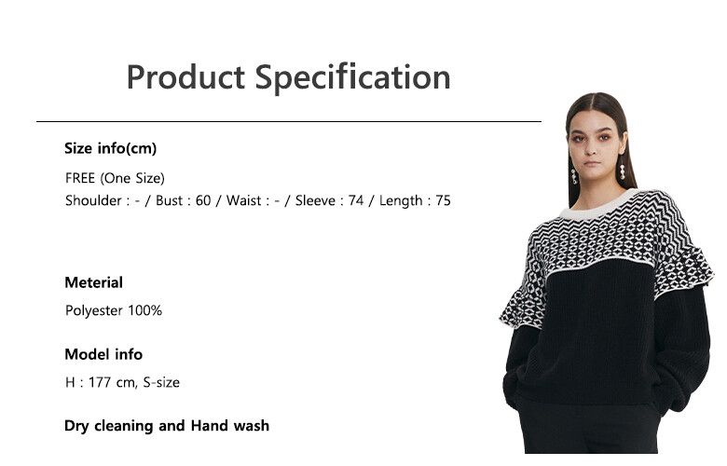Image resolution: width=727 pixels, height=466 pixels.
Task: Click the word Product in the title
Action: point(185,77)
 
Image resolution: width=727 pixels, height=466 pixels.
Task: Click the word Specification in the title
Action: point(353,78)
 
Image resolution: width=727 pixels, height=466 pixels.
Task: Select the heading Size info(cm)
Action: point(111,148)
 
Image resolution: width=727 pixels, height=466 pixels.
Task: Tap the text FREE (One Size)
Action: point(115,178)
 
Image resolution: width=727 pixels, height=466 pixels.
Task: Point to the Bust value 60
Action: point(203,200)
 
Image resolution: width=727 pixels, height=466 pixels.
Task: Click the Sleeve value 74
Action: point(356,200)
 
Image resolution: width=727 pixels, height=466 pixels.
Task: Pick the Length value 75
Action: point(443,200)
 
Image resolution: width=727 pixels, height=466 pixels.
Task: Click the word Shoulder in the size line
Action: point(93,200)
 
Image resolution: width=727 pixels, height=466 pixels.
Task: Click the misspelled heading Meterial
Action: point(93,282)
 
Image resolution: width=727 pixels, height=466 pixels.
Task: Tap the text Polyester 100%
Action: point(114,310)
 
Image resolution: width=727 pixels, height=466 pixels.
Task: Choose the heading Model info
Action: point(103,354)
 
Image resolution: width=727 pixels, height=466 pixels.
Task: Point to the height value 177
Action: point(100,382)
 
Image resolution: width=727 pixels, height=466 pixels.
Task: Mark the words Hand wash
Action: point(230,426)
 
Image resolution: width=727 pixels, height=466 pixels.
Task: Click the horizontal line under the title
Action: point(289,121)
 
